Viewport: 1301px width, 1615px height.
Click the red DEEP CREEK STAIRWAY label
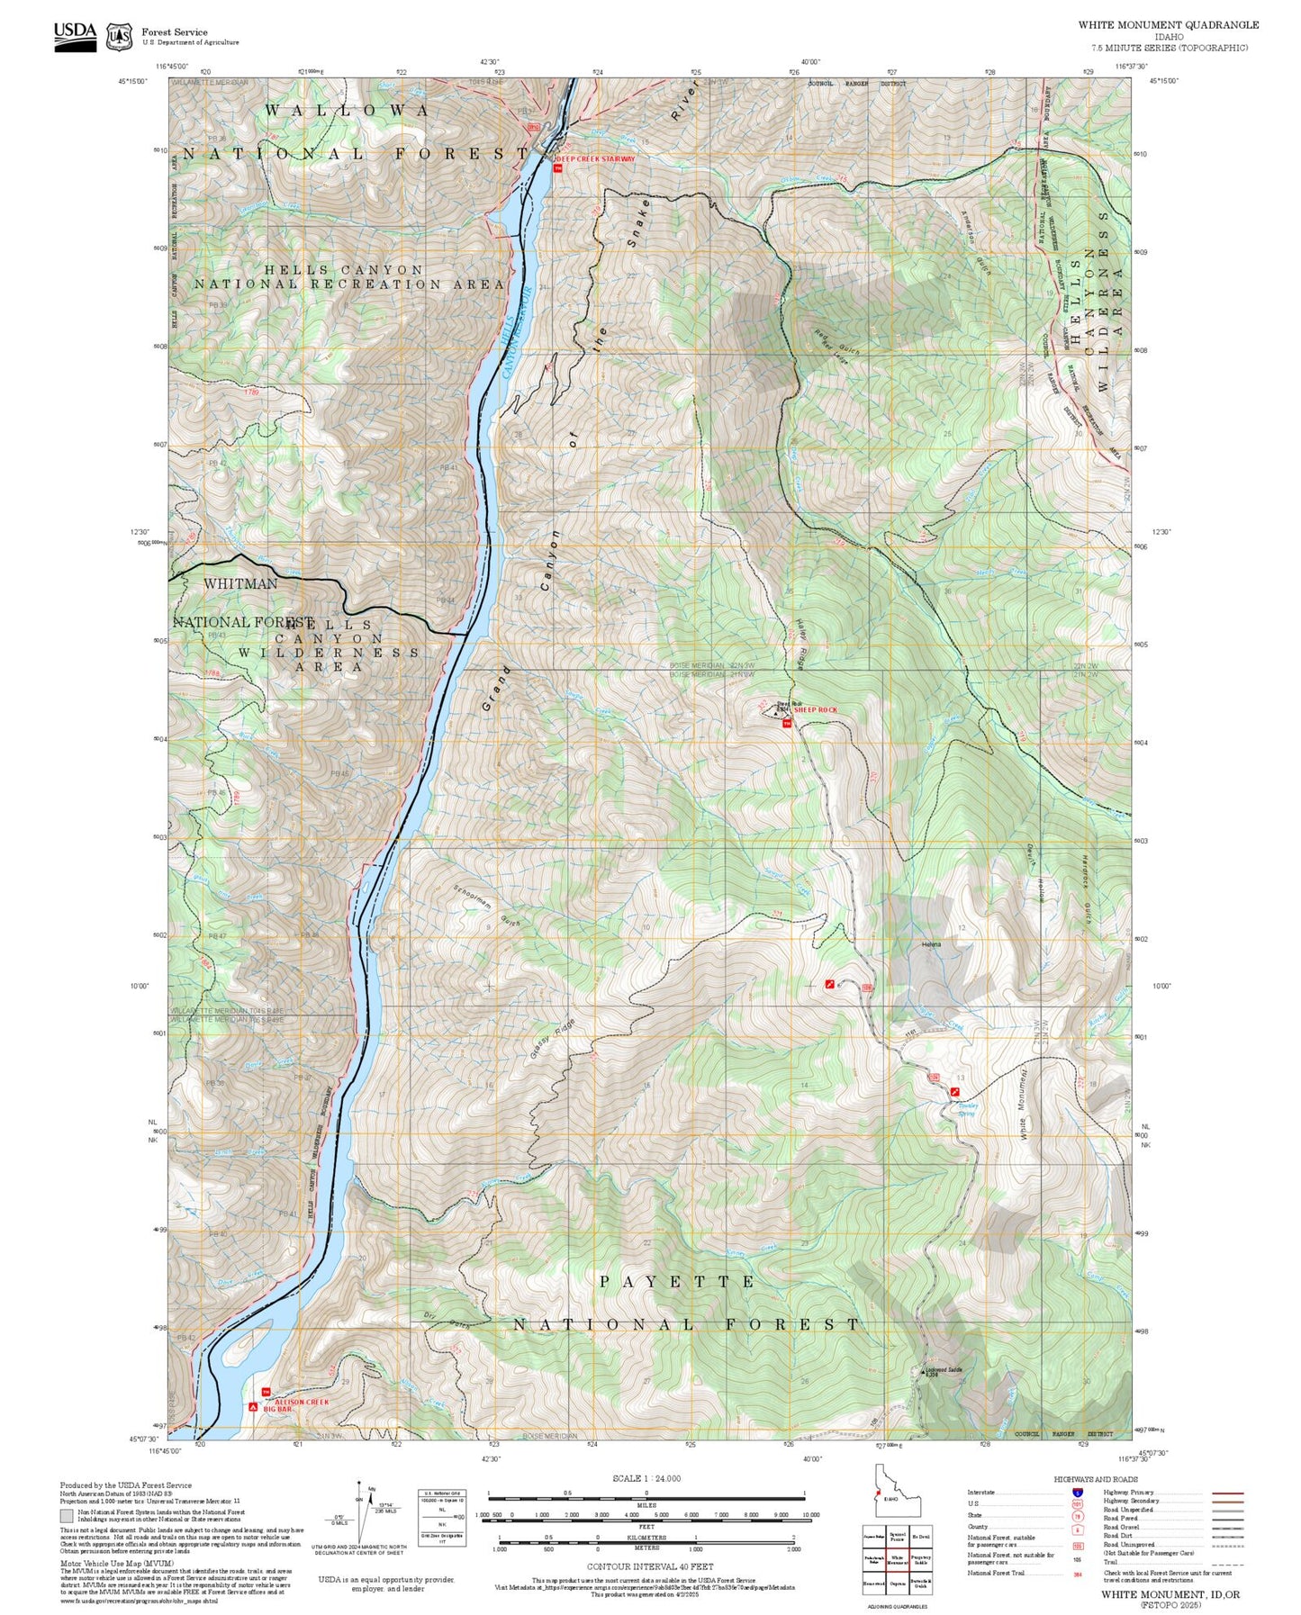coord(595,159)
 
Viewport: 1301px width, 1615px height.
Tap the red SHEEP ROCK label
coord(815,710)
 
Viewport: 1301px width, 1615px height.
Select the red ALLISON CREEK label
coord(302,1402)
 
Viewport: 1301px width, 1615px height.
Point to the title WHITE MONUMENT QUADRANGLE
coord(1168,25)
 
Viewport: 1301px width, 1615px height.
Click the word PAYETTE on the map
coord(677,1281)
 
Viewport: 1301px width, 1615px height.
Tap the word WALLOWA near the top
coord(348,110)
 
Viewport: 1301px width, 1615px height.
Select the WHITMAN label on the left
coord(240,584)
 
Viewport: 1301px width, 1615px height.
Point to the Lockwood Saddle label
coord(944,1370)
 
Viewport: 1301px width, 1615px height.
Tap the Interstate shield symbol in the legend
coord(1077,1493)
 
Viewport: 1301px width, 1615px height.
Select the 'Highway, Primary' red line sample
coord(1227,1493)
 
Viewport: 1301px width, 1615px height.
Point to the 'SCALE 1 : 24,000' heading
coord(646,1478)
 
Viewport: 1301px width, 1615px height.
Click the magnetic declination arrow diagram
coord(359,1512)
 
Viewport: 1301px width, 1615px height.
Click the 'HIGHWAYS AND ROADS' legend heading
coord(1096,1479)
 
